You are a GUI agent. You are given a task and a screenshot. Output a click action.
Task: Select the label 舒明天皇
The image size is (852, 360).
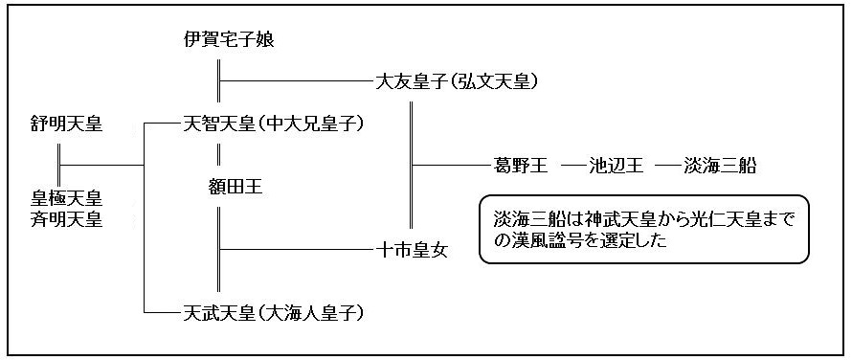[66, 124]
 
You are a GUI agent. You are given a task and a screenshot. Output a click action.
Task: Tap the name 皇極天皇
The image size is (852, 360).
[66, 198]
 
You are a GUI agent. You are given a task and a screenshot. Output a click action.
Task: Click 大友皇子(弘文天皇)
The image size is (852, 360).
[456, 82]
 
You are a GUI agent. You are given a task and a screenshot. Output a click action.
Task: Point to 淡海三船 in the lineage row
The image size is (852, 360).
[720, 166]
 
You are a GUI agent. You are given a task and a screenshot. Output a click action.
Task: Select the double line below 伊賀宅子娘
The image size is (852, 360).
[219, 82]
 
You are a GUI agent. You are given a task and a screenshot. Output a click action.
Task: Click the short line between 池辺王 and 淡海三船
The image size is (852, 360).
[669, 166]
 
